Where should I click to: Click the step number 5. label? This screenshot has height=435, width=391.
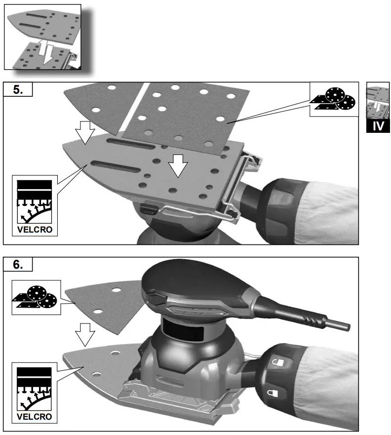coord(18,91)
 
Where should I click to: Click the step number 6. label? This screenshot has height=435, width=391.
coord(18,265)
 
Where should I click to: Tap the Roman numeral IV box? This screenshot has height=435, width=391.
coord(378,125)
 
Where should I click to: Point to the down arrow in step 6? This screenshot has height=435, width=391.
coord(85,334)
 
